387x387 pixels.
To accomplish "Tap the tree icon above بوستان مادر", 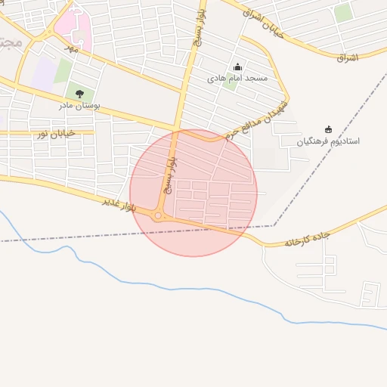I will (x=79, y=94).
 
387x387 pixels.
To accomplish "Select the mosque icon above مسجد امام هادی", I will (x=237, y=67).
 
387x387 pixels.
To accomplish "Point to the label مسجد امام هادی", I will (x=237, y=79).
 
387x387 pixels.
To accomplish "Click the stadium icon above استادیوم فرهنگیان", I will (x=328, y=129).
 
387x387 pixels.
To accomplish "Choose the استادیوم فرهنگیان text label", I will (x=328, y=141).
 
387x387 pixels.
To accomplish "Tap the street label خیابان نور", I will (x=57, y=134).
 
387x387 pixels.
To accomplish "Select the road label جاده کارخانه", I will (x=308, y=240).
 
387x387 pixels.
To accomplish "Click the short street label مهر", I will (x=70, y=48).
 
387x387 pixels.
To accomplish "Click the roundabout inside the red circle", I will (x=158, y=217).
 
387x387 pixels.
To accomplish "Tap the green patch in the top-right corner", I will (x=343, y=12).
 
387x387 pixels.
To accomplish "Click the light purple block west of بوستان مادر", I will (x=43, y=73).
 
